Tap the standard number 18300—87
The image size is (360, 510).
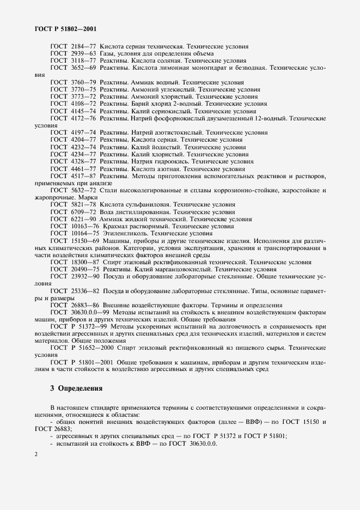[x=86, y=262]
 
